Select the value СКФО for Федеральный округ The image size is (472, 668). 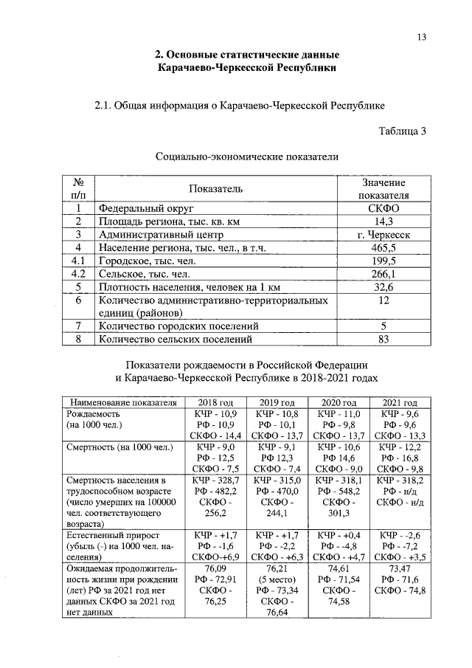[383, 208]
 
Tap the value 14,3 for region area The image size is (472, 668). [383, 221]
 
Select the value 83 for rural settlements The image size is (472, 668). [383, 340]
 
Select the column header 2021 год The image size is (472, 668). [399, 402]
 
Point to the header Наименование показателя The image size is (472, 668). [123, 402]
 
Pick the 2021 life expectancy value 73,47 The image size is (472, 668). [399, 568]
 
